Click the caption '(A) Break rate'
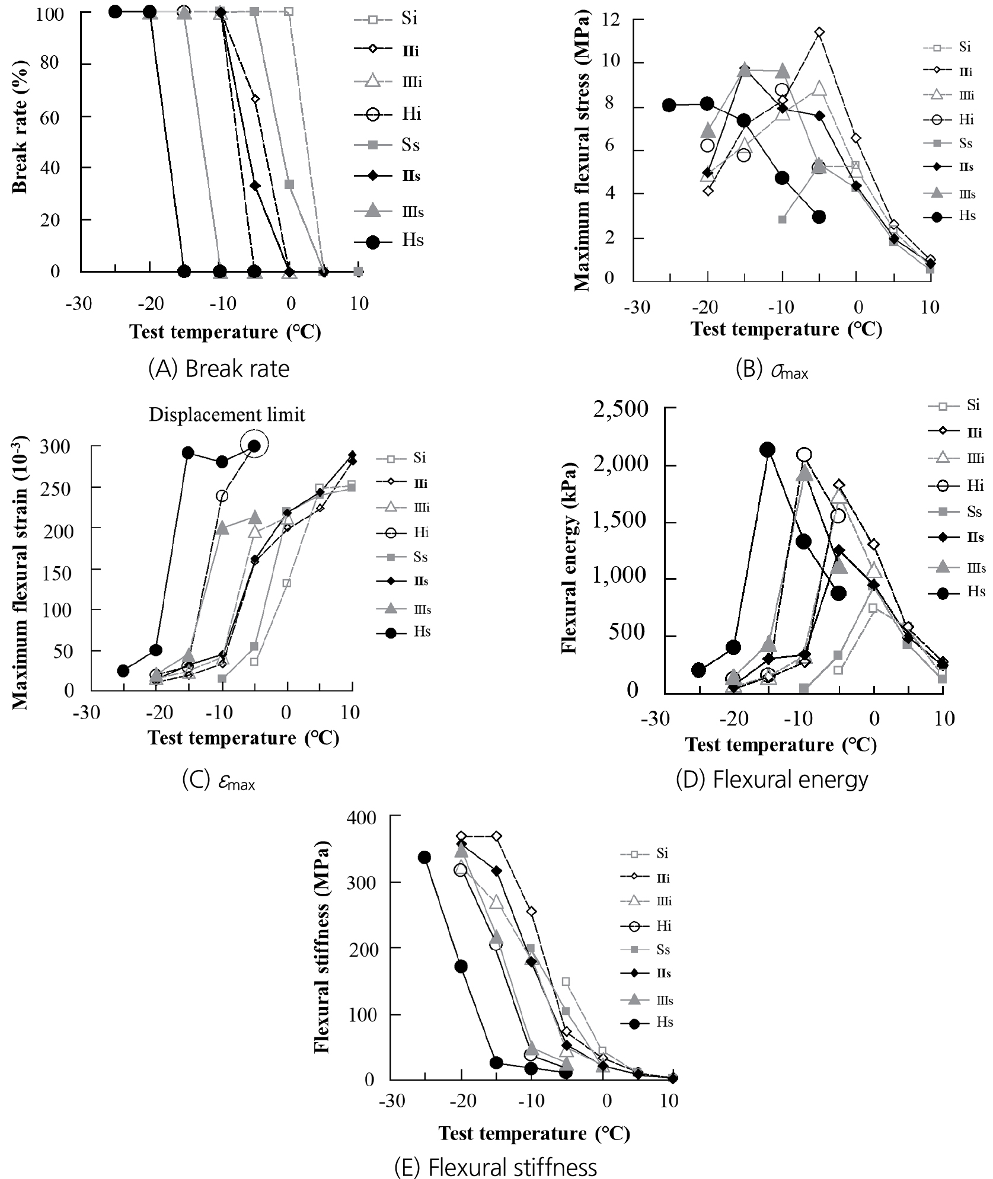point(219,369)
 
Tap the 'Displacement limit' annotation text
point(226,415)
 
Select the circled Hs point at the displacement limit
point(254,446)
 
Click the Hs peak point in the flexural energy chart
point(767,450)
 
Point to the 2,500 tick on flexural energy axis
point(621,408)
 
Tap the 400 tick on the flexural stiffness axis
point(361,818)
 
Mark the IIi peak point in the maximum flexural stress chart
point(819,32)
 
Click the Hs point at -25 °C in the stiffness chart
point(424,858)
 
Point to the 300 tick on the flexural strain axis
point(55,446)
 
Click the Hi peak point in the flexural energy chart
point(804,455)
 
